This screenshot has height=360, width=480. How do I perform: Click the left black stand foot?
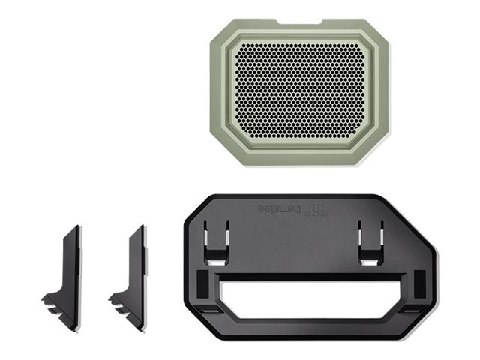coord(69,270)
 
